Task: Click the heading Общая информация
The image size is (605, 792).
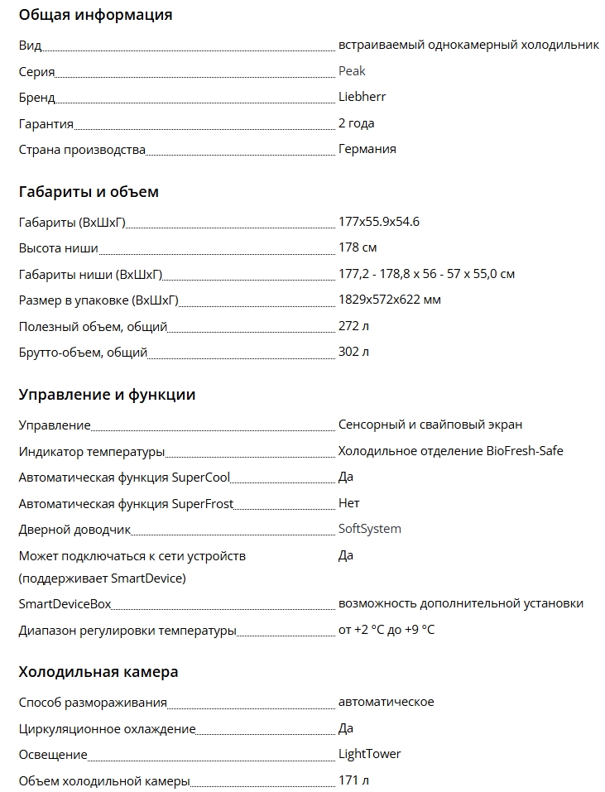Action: pyautogui.click(x=95, y=15)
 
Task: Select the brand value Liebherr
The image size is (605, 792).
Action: pyautogui.click(x=362, y=97)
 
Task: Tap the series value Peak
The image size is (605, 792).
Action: pyautogui.click(x=352, y=71)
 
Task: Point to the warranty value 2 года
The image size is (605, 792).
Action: pyautogui.click(x=356, y=123)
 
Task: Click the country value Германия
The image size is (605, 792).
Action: pyautogui.click(x=367, y=149)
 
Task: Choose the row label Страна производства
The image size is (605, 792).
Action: pyautogui.click(x=82, y=150)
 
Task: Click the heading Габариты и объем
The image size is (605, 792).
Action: pyautogui.click(x=89, y=192)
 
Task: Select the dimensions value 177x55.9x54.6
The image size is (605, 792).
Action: pyautogui.click(x=378, y=222)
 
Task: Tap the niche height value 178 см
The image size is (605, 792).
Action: pyautogui.click(x=358, y=247)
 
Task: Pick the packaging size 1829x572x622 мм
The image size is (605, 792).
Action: pyautogui.click(x=389, y=300)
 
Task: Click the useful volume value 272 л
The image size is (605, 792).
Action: pyautogui.click(x=353, y=326)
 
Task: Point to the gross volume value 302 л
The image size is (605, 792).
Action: pyautogui.click(x=353, y=352)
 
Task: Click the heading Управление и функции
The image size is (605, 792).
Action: pyautogui.click(x=107, y=395)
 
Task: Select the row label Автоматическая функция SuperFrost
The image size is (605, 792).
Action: pyautogui.click(x=126, y=503)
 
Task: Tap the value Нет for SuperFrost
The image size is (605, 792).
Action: pyautogui.click(x=348, y=503)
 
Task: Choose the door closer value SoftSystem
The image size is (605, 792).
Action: pyautogui.click(x=369, y=529)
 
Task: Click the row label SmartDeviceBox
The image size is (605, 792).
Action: pyautogui.click(x=65, y=604)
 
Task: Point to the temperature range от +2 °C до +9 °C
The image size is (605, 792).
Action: pyautogui.click(x=386, y=631)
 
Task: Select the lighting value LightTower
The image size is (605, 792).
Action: pyautogui.click(x=369, y=754)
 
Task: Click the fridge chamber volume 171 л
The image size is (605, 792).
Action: pyautogui.click(x=353, y=780)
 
